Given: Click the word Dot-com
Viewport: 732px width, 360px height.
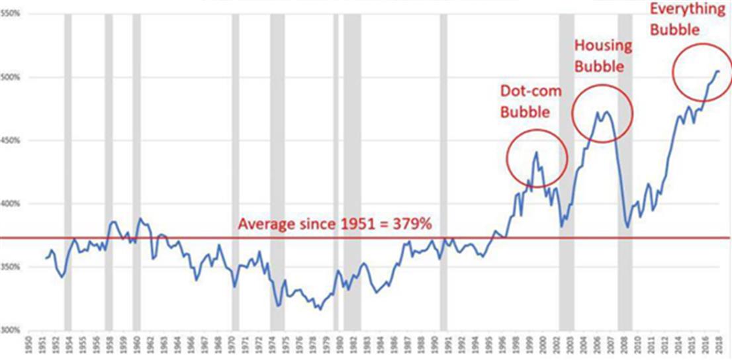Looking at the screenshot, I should coord(530,91).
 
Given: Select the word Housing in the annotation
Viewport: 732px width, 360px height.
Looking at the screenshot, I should coord(602,46).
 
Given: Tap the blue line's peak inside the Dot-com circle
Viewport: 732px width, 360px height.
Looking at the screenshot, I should coord(536,152).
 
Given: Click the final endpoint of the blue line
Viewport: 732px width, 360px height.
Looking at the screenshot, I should coord(720,71).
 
